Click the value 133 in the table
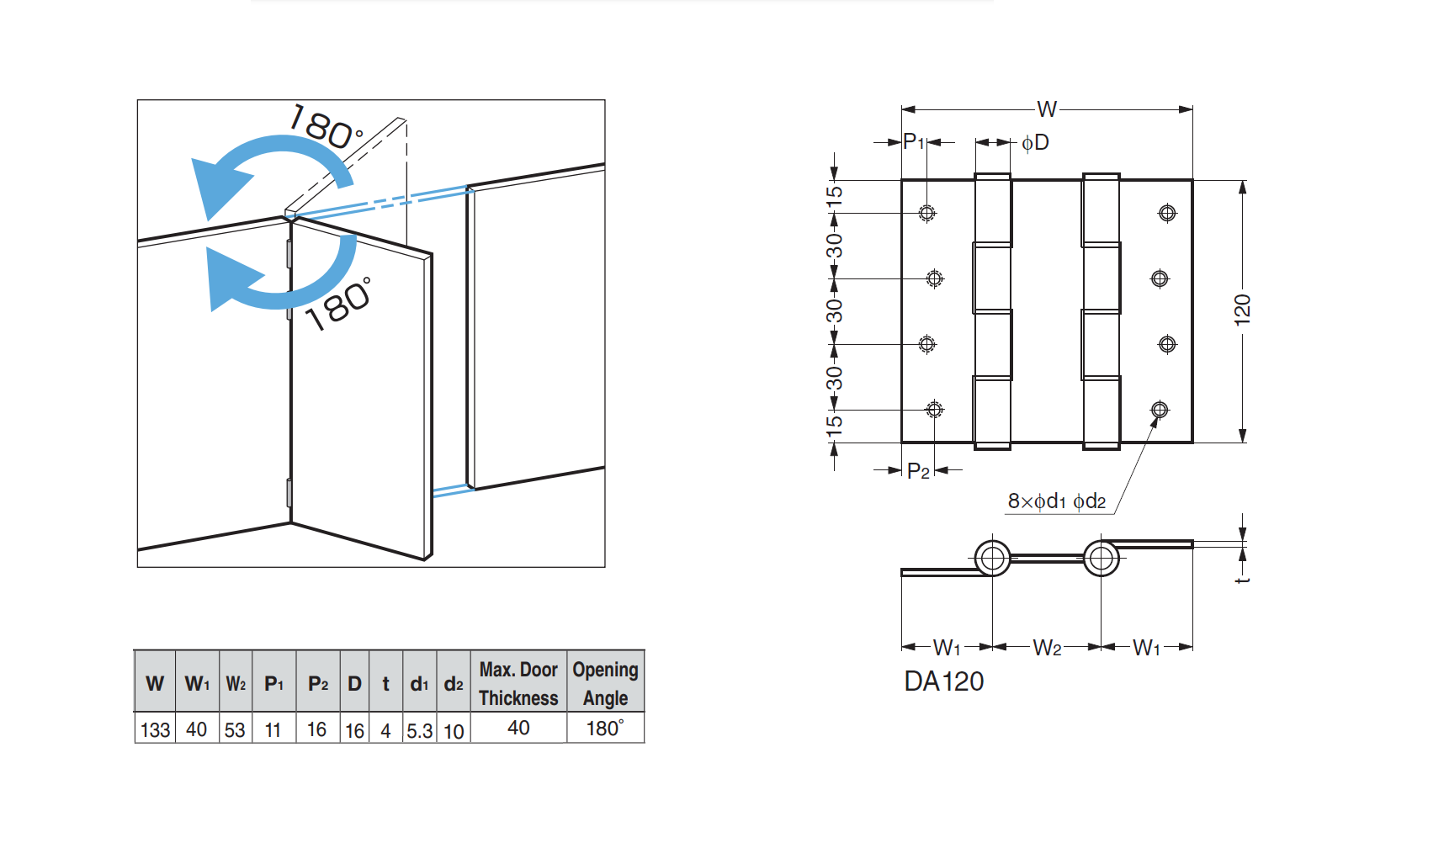pyautogui.click(x=155, y=729)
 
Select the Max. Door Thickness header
pyautogui.click(x=518, y=683)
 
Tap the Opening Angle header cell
pyautogui.click(x=605, y=683)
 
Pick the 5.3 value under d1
pyautogui.click(x=419, y=730)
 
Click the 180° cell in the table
pyautogui.click(x=605, y=728)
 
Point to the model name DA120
pyautogui.click(x=943, y=681)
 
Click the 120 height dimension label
pyautogui.click(x=1242, y=310)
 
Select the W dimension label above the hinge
pyautogui.click(x=1046, y=109)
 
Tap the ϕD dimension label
pyautogui.click(x=1035, y=142)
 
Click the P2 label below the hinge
pyautogui.click(x=918, y=471)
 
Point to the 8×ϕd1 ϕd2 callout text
pyautogui.click(x=1057, y=501)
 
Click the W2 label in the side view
pyautogui.click(x=1046, y=648)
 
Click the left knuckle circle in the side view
pyautogui.click(x=992, y=558)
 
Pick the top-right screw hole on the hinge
pyautogui.click(x=1167, y=213)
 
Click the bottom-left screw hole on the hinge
pyautogui.click(x=934, y=410)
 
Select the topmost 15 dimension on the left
pyautogui.click(x=833, y=194)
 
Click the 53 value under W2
pyautogui.click(x=235, y=730)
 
